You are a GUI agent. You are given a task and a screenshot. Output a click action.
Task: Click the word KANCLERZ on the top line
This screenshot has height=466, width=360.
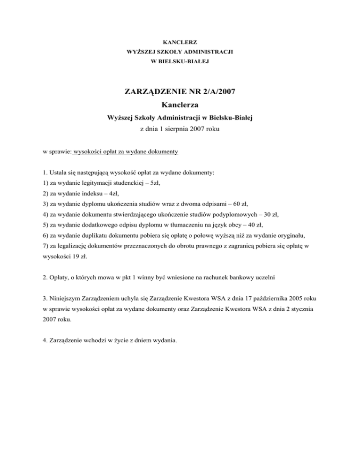[180, 42]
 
